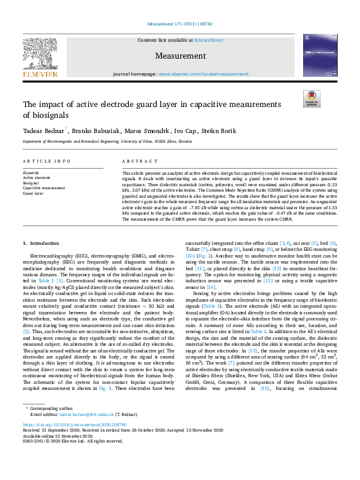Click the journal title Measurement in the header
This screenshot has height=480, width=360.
pos(180,56)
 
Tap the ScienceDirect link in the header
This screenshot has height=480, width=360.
pos(209,40)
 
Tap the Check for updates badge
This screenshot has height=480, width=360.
pos(312,99)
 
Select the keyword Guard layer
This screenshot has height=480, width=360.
pos(33,193)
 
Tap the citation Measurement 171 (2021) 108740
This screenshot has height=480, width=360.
pos(180,24)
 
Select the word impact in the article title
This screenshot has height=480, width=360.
pos(53,104)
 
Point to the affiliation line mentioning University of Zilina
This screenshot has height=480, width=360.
pos(108,141)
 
